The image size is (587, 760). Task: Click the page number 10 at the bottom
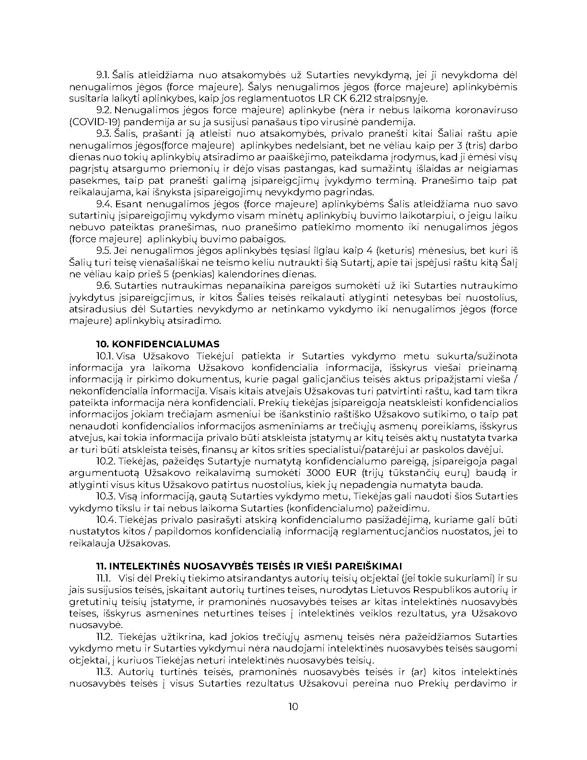point(293,706)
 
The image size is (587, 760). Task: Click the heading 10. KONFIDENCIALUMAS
point(158,344)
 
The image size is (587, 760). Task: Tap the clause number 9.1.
point(104,75)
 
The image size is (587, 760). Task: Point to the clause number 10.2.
point(106,461)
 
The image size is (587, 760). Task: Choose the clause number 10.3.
point(106,496)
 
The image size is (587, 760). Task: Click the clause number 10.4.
point(106,520)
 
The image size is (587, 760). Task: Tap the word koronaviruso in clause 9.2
point(489,110)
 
